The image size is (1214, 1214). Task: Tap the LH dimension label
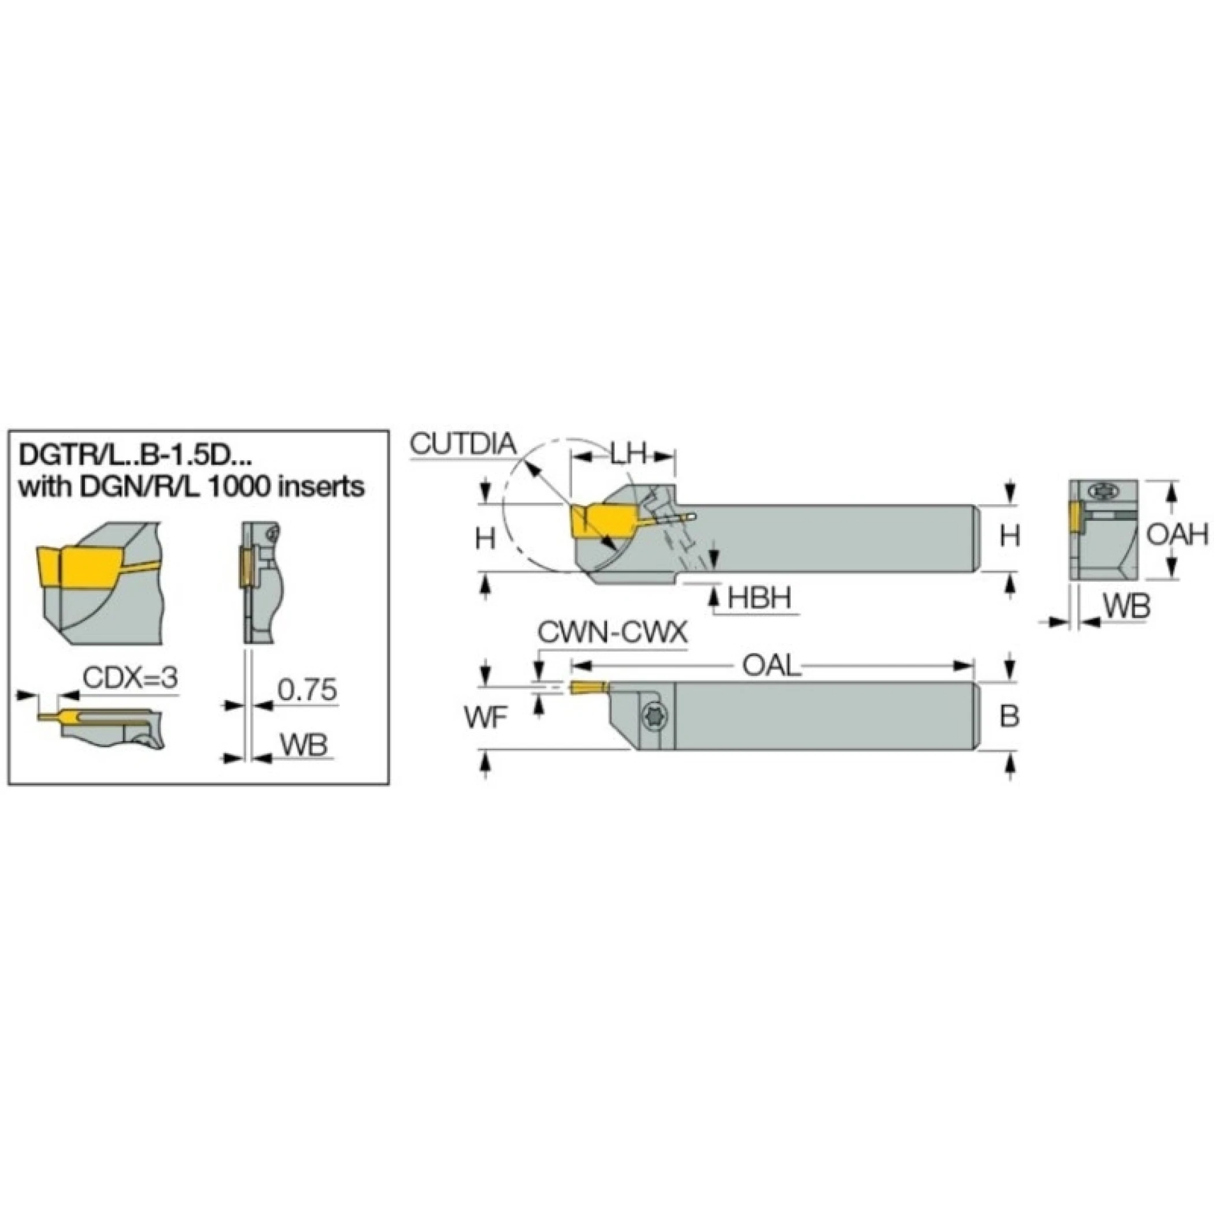pyautogui.click(x=628, y=454)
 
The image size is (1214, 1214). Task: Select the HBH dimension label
pyautogui.click(x=759, y=598)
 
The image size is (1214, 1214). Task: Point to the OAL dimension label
pyautogui.click(x=772, y=666)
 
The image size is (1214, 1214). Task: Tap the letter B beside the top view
pyautogui.click(x=1009, y=716)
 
